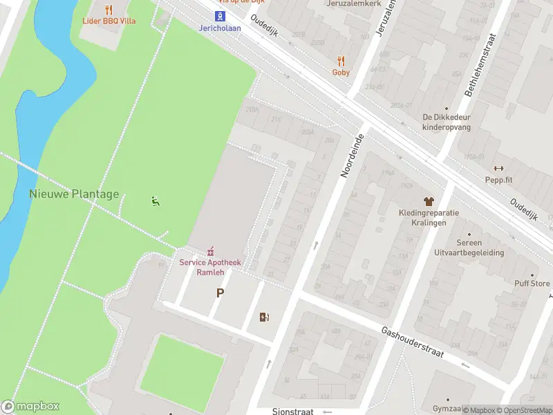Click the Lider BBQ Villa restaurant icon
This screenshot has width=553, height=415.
pos(109,10)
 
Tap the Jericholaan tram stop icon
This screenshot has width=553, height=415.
pos(220,17)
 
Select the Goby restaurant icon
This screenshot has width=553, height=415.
pos(341,61)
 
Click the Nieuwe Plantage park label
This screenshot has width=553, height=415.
pos(74,194)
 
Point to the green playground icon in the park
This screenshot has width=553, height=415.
pos(156,201)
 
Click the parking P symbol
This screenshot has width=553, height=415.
pos(220,293)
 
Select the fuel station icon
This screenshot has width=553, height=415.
pos(263,317)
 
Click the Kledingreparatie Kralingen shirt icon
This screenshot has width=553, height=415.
pos(428,201)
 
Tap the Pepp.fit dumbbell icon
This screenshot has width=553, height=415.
pos(498,168)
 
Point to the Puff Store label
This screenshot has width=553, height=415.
pos(532,284)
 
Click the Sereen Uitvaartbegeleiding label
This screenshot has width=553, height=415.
pos(469,248)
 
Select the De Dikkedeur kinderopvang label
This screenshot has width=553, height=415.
pos(446,122)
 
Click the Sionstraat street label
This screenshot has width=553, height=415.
pos(292,411)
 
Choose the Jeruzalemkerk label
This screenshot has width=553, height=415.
pos(354,3)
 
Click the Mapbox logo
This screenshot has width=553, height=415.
pos(30,407)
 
